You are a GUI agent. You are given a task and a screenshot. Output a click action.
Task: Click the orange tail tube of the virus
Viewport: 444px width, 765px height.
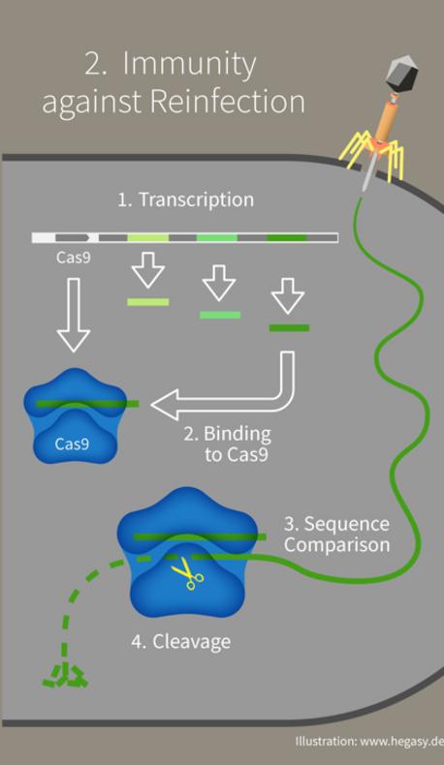387,119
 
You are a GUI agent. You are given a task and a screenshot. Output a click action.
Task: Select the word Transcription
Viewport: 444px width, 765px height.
197,200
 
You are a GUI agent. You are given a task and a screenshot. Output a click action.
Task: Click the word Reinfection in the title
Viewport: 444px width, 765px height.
227,102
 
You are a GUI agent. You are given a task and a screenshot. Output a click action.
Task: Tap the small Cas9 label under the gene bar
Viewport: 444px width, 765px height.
74,257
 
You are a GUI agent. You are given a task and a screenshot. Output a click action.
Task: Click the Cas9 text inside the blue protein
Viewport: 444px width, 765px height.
72,444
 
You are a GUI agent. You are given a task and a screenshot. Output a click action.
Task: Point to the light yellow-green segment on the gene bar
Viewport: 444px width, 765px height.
148,237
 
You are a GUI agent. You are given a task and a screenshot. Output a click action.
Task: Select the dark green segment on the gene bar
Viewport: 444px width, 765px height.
287,237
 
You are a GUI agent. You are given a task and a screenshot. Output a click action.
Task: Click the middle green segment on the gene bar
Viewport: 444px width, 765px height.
217,237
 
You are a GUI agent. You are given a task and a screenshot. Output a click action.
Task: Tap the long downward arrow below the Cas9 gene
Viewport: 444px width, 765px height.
74,315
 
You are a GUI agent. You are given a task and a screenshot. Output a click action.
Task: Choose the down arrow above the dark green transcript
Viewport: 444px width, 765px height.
288,295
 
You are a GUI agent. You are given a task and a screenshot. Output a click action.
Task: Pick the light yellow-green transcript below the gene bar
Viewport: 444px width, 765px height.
148,302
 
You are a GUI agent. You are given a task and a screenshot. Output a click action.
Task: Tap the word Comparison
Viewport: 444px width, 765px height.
337,545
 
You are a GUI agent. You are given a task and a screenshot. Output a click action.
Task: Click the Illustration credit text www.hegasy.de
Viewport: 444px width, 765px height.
401,742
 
